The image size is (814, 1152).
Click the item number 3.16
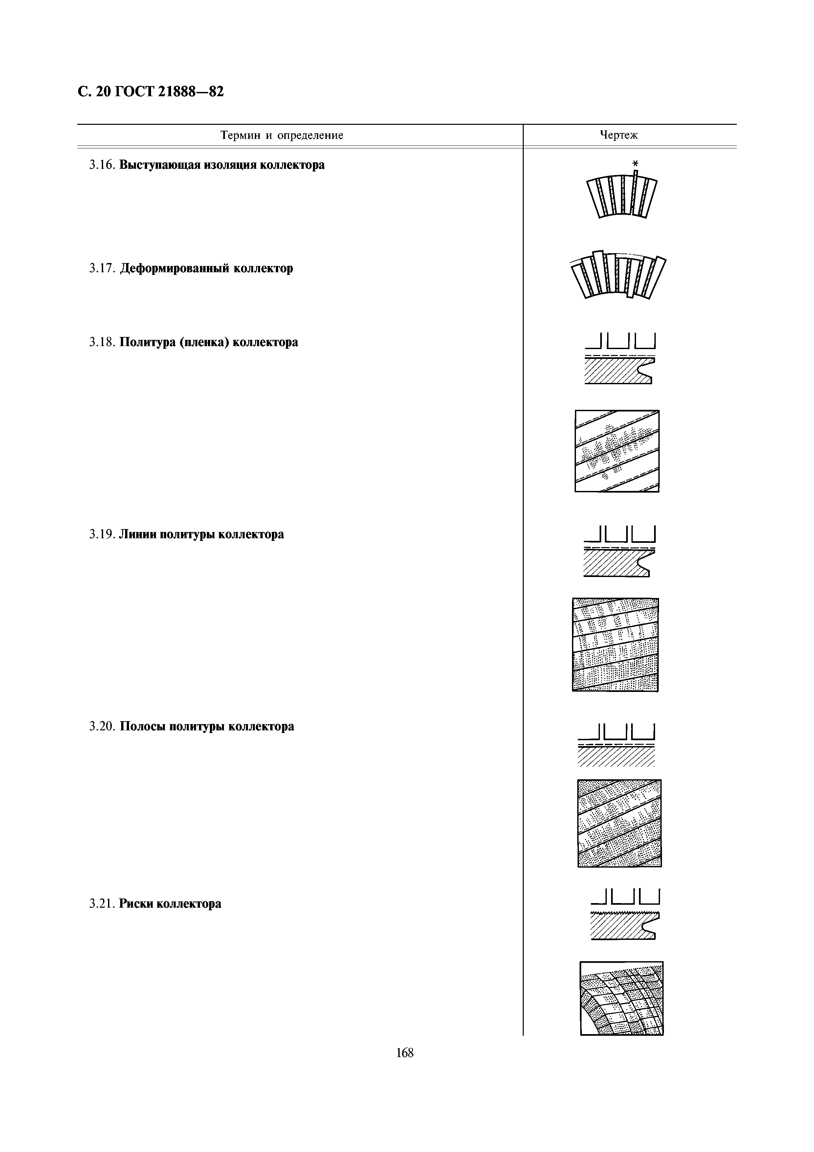click(x=102, y=165)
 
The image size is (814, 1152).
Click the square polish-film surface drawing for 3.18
click(x=617, y=451)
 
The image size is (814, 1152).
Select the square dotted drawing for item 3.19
click(x=615, y=644)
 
